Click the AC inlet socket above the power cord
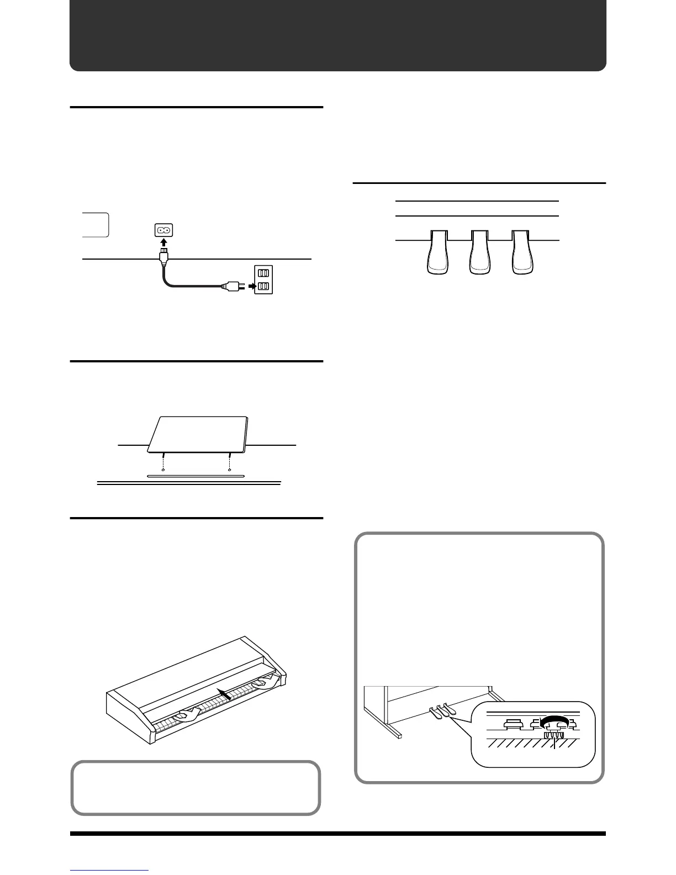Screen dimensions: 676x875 (x=163, y=229)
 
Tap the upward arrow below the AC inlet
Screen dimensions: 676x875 (x=163, y=243)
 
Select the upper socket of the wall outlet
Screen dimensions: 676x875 (x=263, y=272)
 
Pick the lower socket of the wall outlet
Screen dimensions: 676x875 (x=263, y=286)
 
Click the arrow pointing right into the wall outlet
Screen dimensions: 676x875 (x=251, y=286)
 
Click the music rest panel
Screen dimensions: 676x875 (x=199, y=434)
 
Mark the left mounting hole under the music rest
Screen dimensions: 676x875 (x=163, y=470)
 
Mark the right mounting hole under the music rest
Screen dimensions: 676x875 (x=229, y=470)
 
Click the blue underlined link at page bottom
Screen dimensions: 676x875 (x=109, y=872)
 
